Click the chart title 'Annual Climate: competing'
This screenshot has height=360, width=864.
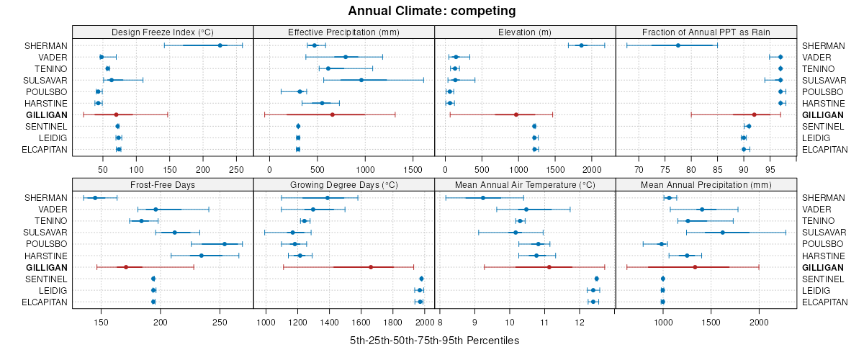click(x=431, y=11)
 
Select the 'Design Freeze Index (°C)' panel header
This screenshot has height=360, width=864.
click(x=163, y=32)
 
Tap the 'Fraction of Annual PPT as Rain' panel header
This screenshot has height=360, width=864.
click(x=706, y=32)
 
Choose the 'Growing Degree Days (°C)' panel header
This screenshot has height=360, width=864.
click(x=344, y=185)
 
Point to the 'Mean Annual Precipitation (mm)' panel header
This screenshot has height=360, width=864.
click(x=706, y=185)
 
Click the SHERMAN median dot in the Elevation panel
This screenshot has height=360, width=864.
click(x=581, y=45)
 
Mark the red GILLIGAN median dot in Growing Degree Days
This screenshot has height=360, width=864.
click(x=371, y=267)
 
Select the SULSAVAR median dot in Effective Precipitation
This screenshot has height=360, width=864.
click(x=361, y=80)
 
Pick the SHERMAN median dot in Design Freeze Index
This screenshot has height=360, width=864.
click(x=220, y=45)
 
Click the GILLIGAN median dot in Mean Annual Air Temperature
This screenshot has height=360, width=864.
click(x=549, y=267)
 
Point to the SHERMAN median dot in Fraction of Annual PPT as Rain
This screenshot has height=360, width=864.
click(x=678, y=45)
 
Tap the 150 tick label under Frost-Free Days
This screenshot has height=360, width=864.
click(x=101, y=322)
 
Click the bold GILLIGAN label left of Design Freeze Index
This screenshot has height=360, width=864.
click(x=47, y=114)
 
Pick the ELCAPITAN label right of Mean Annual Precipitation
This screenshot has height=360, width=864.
click(x=825, y=302)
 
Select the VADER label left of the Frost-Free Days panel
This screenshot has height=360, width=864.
click(x=55, y=210)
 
